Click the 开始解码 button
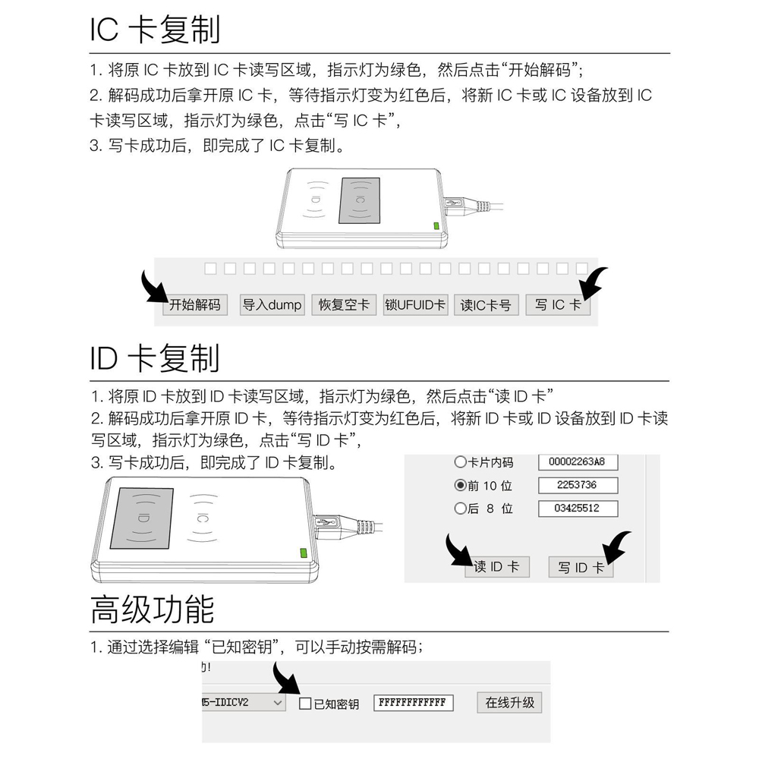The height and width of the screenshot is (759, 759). click(x=195, y=305)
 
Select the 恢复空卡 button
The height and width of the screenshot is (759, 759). click(x=344, y=305)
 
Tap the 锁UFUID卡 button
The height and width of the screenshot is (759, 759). click(x=415, y=305)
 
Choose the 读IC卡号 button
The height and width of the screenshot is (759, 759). click(x=486, y=305)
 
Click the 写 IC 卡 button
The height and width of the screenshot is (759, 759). click(x=558, y=305)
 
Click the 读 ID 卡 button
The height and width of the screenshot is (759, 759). click(x=496, y=567)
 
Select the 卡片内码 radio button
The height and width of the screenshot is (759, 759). click(x=460, y=462)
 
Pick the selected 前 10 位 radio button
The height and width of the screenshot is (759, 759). click(x=460, y=486)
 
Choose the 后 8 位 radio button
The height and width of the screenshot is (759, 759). click(x=460, y=509)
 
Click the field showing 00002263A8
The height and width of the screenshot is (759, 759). click(x=578, y=461)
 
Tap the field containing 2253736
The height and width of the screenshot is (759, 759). click(x=578, y=485)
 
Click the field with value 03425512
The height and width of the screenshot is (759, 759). click(x=578, y=509)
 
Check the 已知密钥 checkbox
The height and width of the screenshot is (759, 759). click(x=305, y=704)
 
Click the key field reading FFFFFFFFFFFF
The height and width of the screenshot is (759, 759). click(x=413, y=703)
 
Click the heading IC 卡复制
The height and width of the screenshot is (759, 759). click(x=155, y=30)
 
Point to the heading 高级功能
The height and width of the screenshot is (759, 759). click(x=152, y=609)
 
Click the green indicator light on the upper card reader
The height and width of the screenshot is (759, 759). click(x=436, y=225)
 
